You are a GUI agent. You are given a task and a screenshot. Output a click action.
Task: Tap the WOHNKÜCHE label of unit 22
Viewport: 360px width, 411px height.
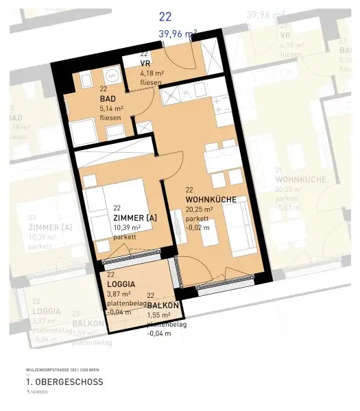click(x=211, y=199)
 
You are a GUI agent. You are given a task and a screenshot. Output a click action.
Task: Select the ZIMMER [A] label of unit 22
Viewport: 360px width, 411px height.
click(x=135, y=218)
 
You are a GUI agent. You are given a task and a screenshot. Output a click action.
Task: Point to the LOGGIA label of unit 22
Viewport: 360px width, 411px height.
click(x=121, y=284)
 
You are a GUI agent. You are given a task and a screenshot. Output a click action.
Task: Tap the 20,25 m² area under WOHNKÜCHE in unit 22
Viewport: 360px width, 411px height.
click(x=200, y=209)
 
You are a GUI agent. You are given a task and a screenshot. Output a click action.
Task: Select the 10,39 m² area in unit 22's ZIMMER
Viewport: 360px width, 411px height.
click(x=127, y=227)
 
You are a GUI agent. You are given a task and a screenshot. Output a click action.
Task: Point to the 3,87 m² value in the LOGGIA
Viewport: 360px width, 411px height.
click(x=119, y=294)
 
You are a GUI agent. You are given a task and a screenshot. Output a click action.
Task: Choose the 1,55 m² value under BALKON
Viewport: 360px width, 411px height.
click(x=159, y=315)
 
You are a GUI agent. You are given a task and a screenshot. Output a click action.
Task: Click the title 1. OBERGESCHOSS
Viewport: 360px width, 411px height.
click(x=64, y=382)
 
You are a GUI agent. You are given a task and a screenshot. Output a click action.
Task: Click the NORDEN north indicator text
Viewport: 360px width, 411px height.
click(x=41, y=392)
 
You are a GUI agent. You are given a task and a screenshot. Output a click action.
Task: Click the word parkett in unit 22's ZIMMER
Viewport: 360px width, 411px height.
click(x=125, y=237)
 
